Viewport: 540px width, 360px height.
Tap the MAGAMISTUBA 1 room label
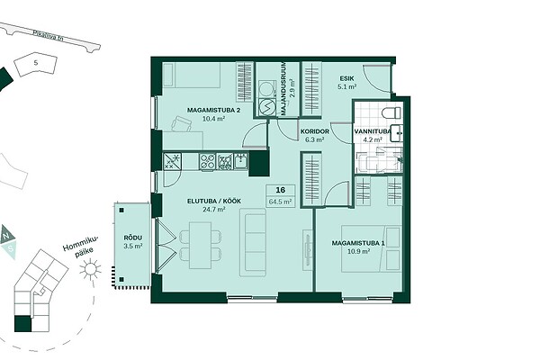click(358, 243)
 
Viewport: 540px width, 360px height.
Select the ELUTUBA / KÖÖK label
click(214, 202)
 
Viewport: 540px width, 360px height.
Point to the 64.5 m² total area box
click(280, 202)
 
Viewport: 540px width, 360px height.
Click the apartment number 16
click(280, 190)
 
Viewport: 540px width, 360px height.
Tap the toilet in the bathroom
click(392, 112)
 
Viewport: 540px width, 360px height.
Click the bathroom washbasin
click(397, 133)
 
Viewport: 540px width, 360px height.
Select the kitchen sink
click(241, 161)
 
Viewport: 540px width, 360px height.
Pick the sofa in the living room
click(253, 242)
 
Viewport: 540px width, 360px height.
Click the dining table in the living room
click(200, 245)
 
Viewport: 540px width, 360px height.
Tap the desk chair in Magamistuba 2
click(181, 123)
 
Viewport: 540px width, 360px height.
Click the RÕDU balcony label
click(133, 238)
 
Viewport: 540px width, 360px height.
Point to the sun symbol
click(90, 269)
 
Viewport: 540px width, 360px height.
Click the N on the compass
click(5, 235)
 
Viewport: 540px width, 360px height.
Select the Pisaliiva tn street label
click(48, 37)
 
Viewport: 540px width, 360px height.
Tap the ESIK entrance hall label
click(346, 78)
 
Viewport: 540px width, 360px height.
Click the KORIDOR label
click(315, 131)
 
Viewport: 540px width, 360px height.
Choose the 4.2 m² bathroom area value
click(373, 139)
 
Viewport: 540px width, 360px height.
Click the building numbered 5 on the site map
click(36, 63)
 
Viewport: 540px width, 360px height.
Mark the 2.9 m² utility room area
click(292, 89)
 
